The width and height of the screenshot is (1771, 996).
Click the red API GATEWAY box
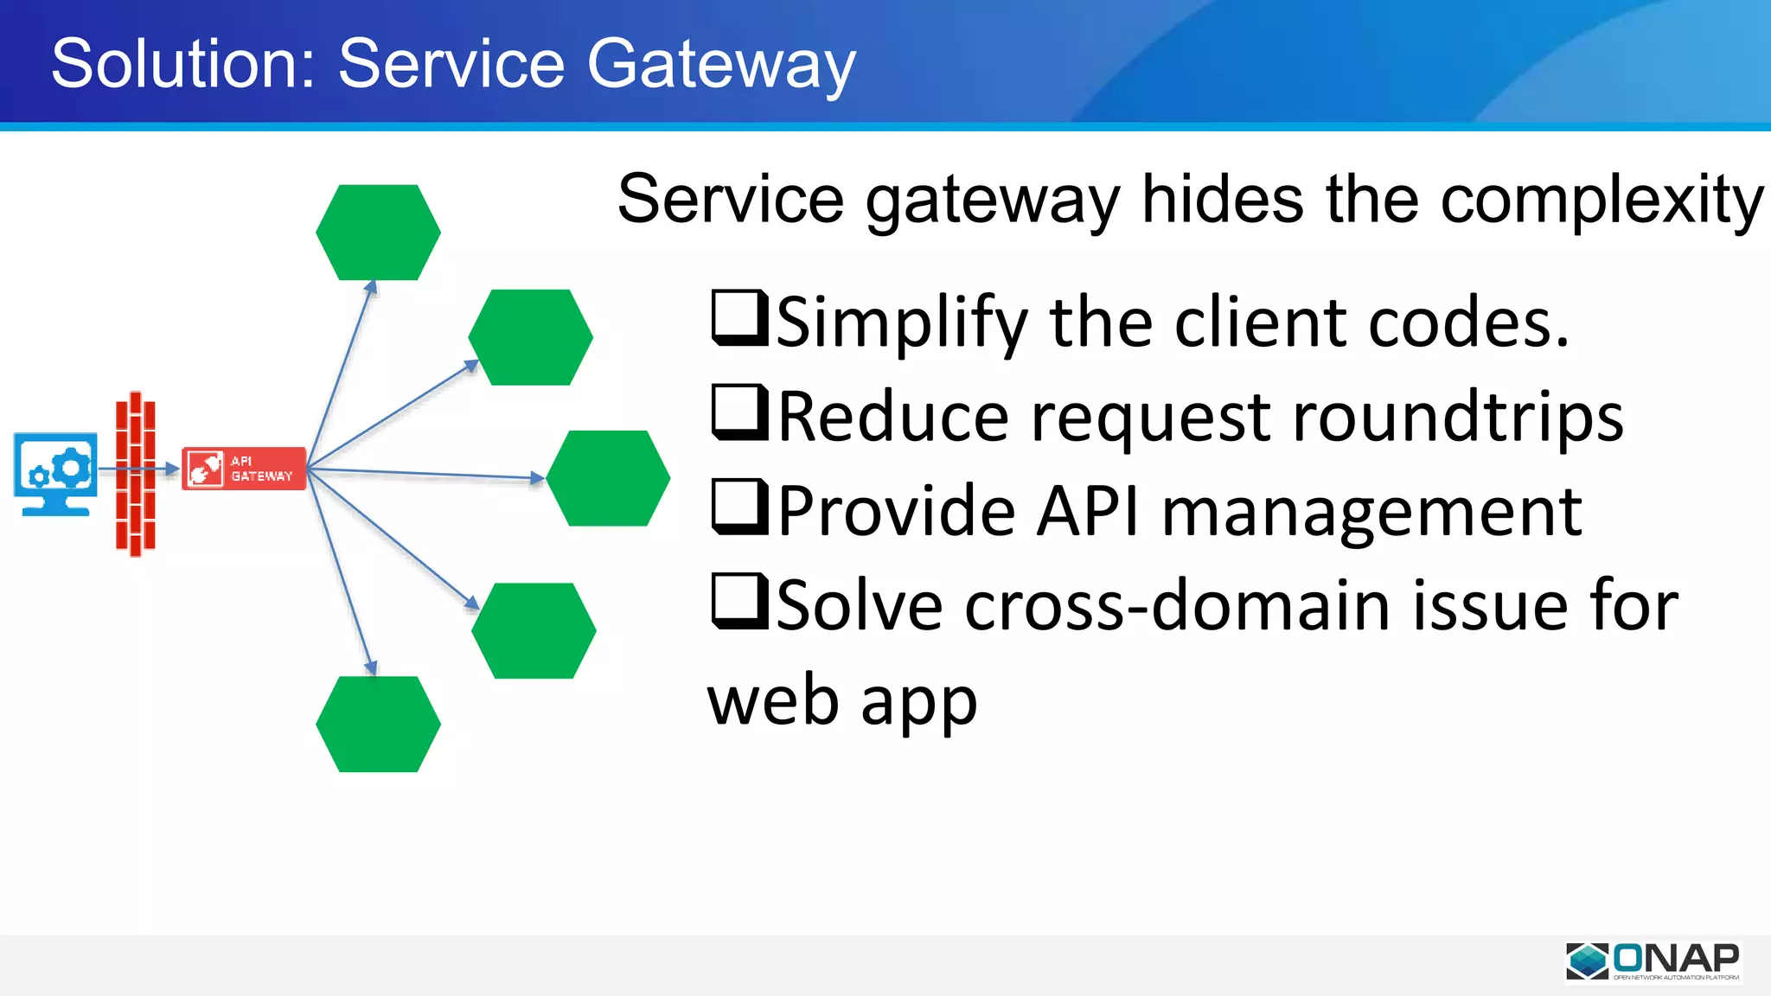click(244, 469)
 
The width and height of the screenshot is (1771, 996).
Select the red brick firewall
click(136, 474)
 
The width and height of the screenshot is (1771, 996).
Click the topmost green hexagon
click(378, 233)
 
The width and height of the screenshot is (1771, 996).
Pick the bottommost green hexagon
click(378, 725)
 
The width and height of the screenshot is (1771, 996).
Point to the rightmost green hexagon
click(608, 478)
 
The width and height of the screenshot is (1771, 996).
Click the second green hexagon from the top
click(530, 337)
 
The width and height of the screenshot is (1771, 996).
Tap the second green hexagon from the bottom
click(534, 630)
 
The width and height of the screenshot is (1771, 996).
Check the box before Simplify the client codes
click(738, 317)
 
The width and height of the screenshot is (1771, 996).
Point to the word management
click(1371, 512)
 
